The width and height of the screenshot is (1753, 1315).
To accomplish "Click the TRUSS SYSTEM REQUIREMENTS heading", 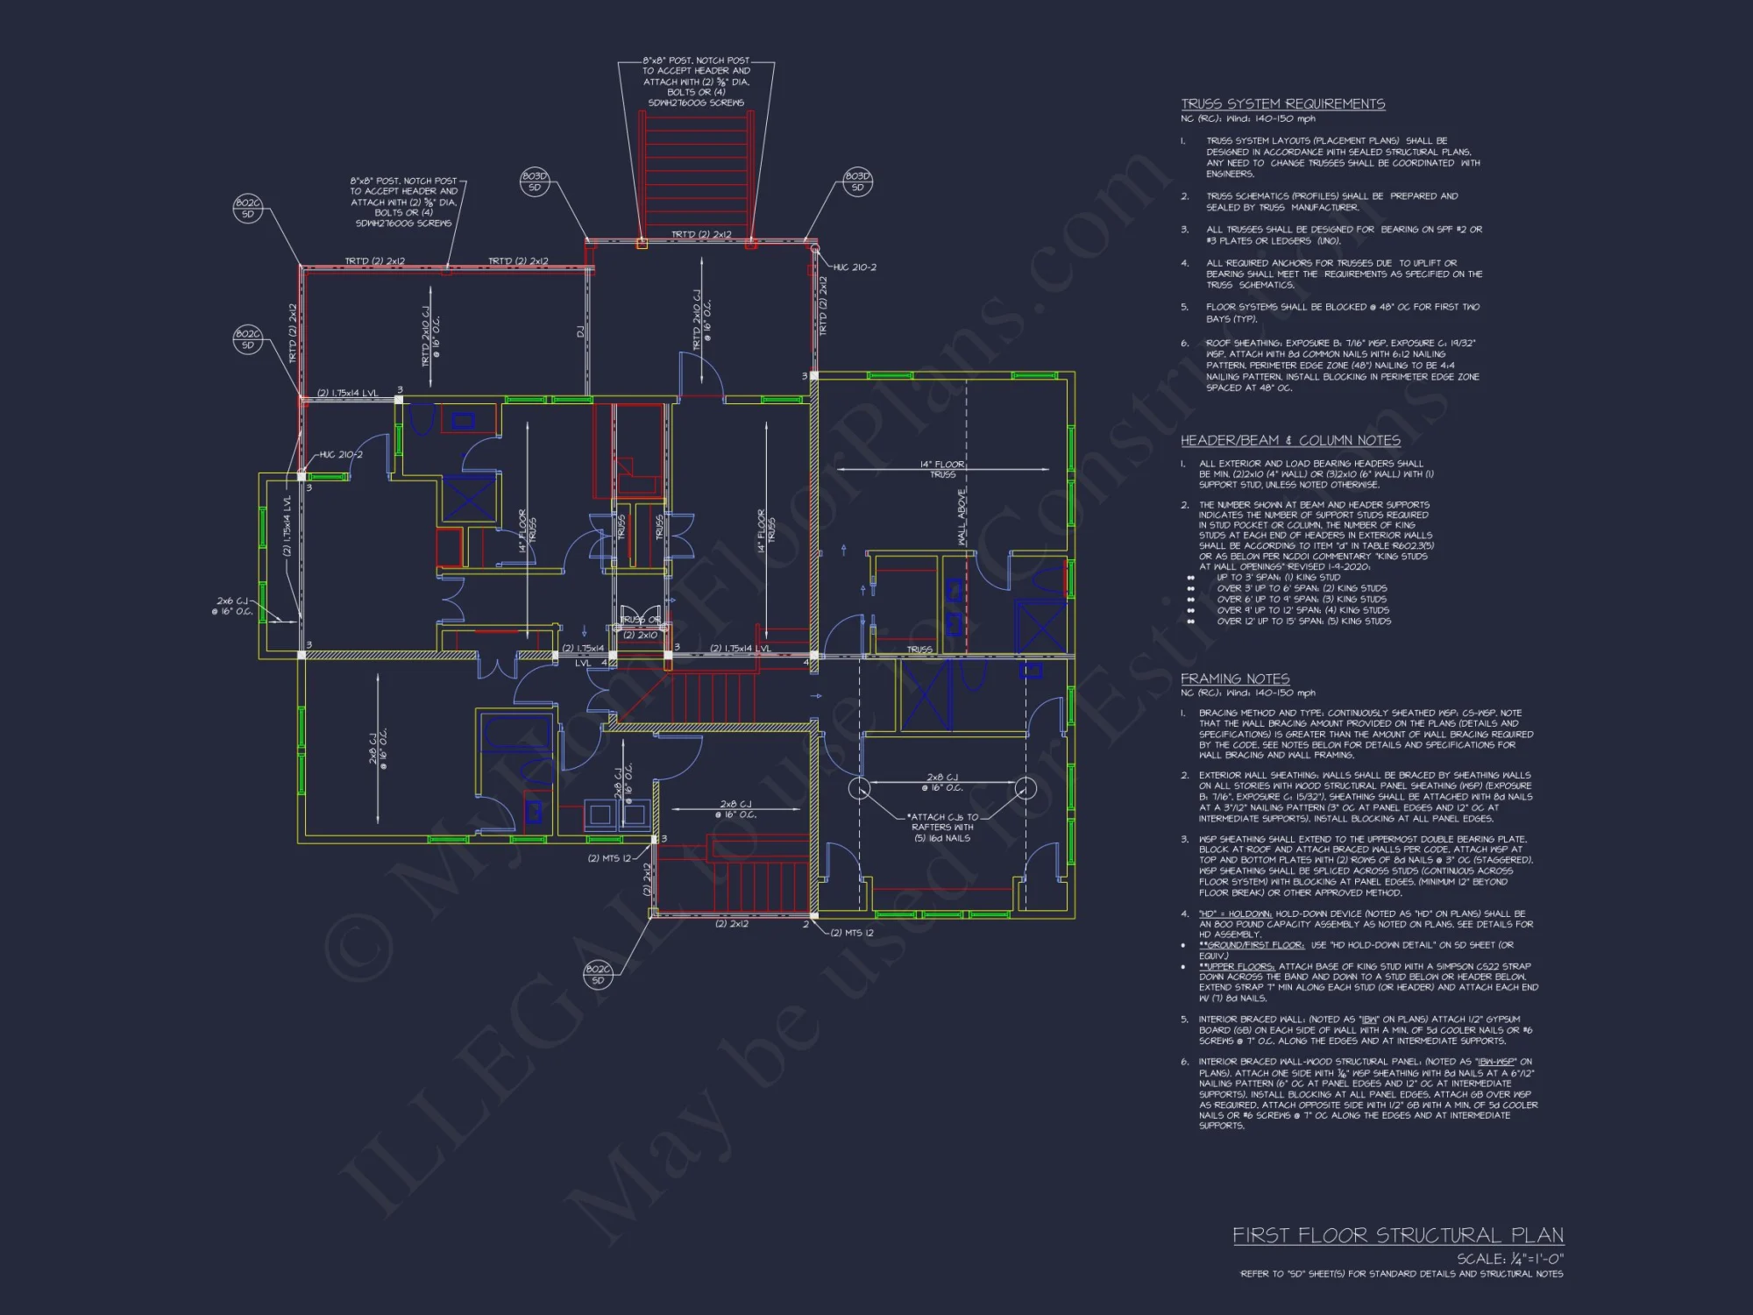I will click(1282, 104).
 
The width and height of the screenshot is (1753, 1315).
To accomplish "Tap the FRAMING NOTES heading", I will click(1234, 679).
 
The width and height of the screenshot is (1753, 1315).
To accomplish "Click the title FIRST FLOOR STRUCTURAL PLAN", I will click(1397, 1235).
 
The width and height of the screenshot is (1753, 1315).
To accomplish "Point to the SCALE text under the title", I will click(1509, 1259).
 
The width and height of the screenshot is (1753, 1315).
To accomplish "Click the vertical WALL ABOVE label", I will click(962, 517).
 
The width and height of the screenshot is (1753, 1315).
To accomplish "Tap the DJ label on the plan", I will click(579, 331).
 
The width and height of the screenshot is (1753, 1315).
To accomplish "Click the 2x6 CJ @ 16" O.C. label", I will click(232, 606).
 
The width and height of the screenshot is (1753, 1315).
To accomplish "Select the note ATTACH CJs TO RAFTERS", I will click(942, 828).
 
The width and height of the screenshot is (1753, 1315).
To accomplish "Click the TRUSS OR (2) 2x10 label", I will click(641, 628).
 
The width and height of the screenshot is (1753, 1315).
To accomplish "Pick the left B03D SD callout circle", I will click(535, 181).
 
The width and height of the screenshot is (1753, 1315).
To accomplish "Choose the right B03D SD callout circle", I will click(857, 181).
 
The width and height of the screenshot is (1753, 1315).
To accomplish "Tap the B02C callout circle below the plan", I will click(598, 974).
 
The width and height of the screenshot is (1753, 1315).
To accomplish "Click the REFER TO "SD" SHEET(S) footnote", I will click(1401, 1274).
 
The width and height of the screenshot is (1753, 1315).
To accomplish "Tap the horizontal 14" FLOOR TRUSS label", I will click(942, 469).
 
